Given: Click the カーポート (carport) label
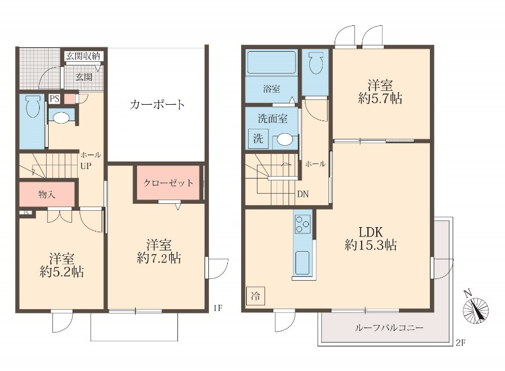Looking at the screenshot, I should coord(157,104).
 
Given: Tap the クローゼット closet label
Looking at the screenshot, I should coord(168,183).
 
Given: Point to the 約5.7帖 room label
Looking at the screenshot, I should coord(380,92).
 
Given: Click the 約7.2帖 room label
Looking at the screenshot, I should coord(159,251).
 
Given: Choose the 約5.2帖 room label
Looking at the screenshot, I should coord(62,266).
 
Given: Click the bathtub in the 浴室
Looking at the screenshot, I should coord(271,63).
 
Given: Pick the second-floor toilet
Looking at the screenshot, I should coord(316,64).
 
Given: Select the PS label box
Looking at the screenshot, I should coord(54,98).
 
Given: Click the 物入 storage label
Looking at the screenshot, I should coord(47,194).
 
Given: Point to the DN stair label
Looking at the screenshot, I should coord(302,194).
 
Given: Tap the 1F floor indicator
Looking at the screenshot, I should coord(217,308).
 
